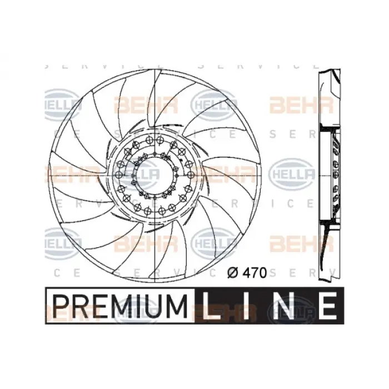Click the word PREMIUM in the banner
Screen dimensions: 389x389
pyautogui.click(x=119, y=306)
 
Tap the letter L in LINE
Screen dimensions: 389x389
pyautogui.click(x=211, y=306)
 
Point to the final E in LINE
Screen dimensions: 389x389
pyautogui.click(x=327, y=306)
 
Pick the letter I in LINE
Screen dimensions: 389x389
pyautogui.click(x=248, y=306)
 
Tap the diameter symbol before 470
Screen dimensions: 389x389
pyautogui.click(x=234, y=273)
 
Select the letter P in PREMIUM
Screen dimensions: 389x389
pyautogui.click(x=61, y=306)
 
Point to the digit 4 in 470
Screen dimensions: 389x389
pyautogui.click(x=245, y=273)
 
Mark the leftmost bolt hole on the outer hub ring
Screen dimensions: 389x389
pyautogui.click(x=118, y=174)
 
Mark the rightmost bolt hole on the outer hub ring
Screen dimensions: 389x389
pyautogui.click(x=189, y=174)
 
